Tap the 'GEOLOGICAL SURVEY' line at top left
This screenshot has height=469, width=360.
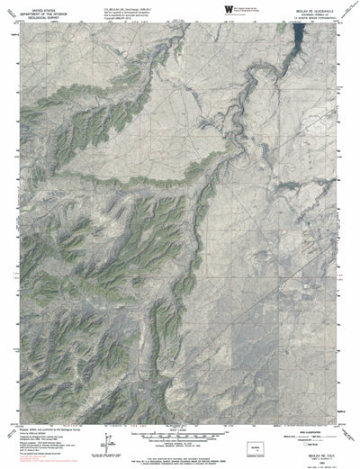[x=34, y=16]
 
